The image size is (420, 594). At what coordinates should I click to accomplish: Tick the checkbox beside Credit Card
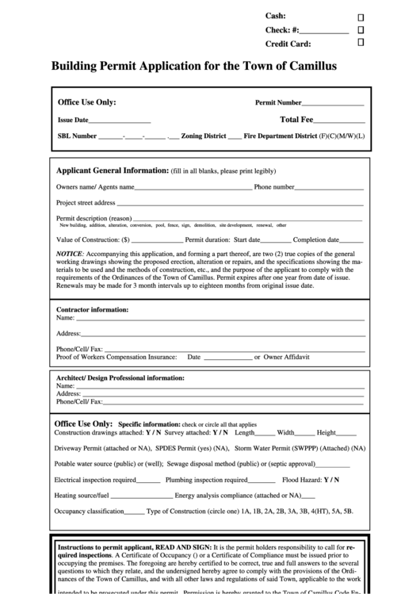[361, 43]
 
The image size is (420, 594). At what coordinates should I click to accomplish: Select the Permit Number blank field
[333, 103]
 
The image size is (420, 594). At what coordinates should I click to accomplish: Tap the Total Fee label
[296, 120]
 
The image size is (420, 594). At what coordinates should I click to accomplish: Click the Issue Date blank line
[119, 121]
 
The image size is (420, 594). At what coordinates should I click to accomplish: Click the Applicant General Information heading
[112, 171]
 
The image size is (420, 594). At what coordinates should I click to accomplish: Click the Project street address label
[86, 203]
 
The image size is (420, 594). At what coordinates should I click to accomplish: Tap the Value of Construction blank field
[157, 240]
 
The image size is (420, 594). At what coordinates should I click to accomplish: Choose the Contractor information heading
[92, 309]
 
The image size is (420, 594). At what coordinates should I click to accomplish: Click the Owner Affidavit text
[286, 357]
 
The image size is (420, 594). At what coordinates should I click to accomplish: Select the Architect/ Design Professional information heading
[120, 377]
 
